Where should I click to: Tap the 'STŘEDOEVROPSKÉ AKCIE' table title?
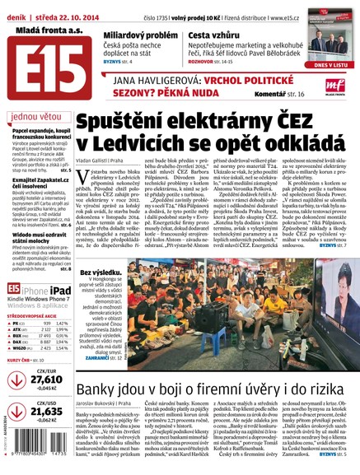(x=36, y=315)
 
